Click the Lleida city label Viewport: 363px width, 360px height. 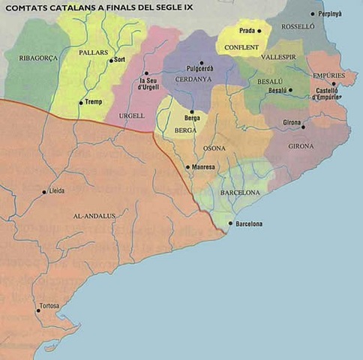coord(56,191)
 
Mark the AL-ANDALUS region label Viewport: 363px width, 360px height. coord(94,216)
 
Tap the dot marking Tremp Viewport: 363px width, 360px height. coord(81,103)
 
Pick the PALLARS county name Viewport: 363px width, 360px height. coord(93,54)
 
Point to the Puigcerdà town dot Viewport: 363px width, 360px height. coord(201,63)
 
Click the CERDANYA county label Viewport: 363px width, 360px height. coord(193,79)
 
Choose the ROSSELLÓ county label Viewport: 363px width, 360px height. coord(298,46)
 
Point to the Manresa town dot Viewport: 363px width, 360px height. coord(187,166)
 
